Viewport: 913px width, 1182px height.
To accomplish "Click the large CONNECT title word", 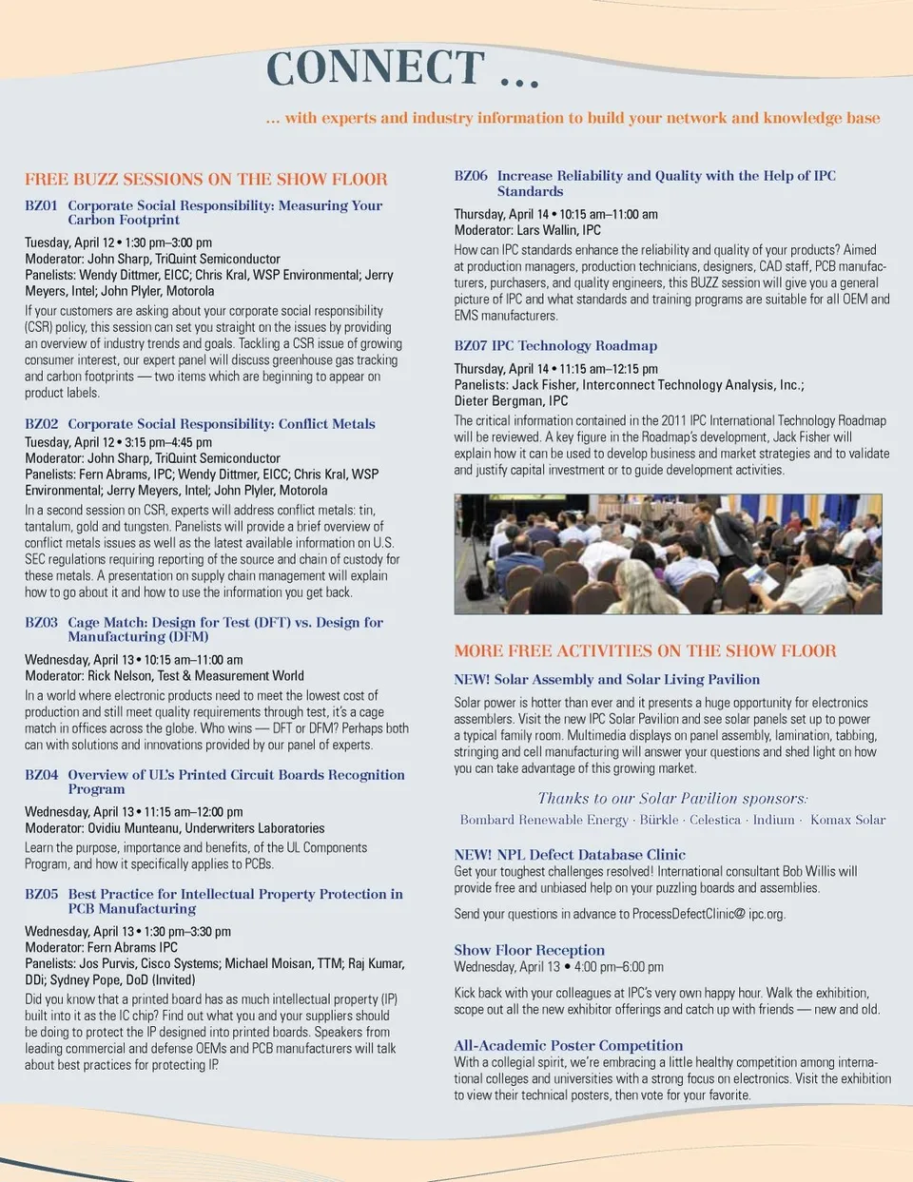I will [x=376, y=68].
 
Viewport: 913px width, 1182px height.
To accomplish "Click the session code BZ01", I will [x=41, y=205].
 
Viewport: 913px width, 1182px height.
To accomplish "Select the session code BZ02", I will [x=41, y=424].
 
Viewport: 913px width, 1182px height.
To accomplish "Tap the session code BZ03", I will [x=41, y=623].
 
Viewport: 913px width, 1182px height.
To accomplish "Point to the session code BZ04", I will [x=41, y=775].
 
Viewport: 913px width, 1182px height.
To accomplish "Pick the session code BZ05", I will [x=41, y=894].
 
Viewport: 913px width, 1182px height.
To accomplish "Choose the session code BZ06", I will [x=471, y=176].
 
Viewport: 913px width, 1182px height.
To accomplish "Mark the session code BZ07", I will [x=471, y=346].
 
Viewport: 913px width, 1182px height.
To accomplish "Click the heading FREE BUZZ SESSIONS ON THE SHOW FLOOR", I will [x=206, y=179].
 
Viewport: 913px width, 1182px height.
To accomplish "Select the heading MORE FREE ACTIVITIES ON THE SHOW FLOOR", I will [x=645, y=651].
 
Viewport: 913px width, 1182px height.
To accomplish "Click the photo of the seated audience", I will [x=668, y=553].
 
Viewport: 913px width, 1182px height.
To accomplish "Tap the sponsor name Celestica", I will [x=715, y=820].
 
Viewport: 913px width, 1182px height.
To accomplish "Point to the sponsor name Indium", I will [x=773, y=820].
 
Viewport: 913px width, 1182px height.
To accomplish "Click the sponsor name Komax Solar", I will [x=847, y=820].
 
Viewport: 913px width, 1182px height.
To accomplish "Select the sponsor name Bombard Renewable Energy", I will [x=544, y=820].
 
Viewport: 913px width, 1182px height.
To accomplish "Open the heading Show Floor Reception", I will [x=529, y=950].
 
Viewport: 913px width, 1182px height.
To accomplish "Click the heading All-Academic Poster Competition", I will [x=568, y=1046].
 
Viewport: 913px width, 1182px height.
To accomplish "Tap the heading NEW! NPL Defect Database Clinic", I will [x=570, y=855].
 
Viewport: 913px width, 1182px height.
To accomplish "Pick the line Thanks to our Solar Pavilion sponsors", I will [x=672, y=799].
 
